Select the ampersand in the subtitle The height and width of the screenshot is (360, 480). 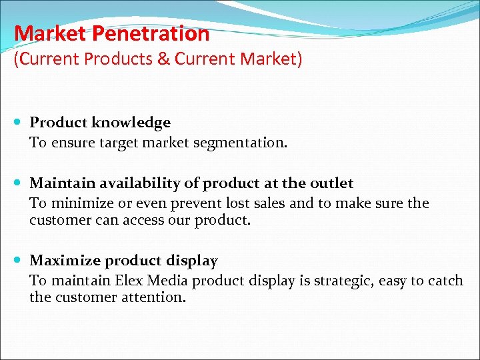(x=163, y=59)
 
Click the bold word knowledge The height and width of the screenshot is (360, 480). (x=131, y=123)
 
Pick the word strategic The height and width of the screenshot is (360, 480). (x=340, y=281)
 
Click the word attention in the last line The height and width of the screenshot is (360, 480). (x=157, y=297)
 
